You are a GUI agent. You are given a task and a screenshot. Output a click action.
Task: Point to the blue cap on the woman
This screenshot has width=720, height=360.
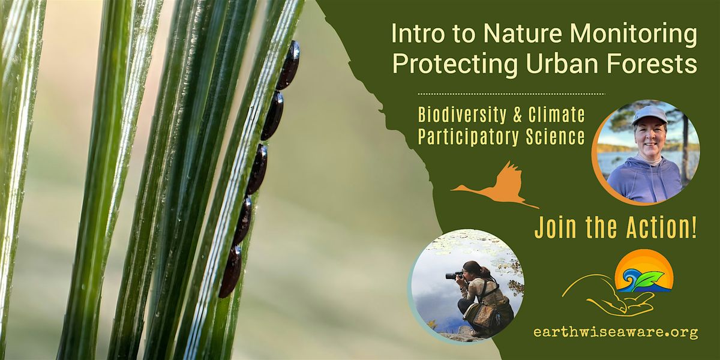tap(649, 113)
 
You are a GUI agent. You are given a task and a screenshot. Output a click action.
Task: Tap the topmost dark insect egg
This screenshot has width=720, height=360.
tap(289, 65)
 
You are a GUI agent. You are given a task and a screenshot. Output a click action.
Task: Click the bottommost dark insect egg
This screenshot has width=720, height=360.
tap(230, 271)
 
